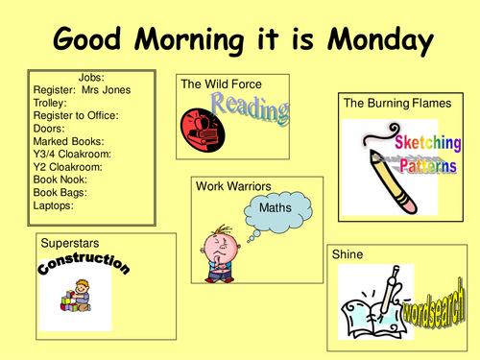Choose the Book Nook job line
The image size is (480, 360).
[x=60, y=180]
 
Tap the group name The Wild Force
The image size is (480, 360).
[x=221, y=85]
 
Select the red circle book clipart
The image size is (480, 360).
[x=200, y=126]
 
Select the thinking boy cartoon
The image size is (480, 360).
[x=216, y=259]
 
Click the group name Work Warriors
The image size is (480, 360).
[x=231, y=185]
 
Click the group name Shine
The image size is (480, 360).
[x=347, y=255]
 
